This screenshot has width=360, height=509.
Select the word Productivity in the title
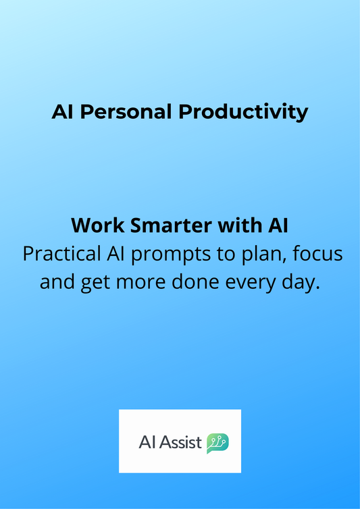243,112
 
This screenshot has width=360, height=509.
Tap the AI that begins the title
62,112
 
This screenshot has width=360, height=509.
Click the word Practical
61,254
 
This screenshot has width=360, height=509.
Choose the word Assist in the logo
181,443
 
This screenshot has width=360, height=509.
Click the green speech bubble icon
217,443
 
